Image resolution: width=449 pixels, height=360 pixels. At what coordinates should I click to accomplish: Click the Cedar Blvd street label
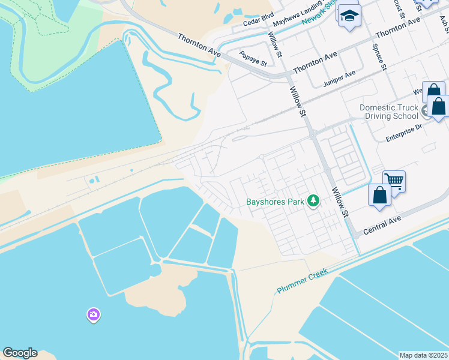click(x=258, y=23)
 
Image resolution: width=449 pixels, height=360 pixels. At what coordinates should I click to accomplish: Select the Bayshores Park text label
click(x=276, y=202)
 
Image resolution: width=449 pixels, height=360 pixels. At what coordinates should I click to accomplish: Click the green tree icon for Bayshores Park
click(x=313, y=201)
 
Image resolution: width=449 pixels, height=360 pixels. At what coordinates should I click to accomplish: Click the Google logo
click(x=20, y=353)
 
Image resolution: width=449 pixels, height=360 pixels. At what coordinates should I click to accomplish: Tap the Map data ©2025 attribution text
click(x=423, y=355)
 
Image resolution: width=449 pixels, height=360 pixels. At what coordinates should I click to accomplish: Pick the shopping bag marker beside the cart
click(x=379, y=196)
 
